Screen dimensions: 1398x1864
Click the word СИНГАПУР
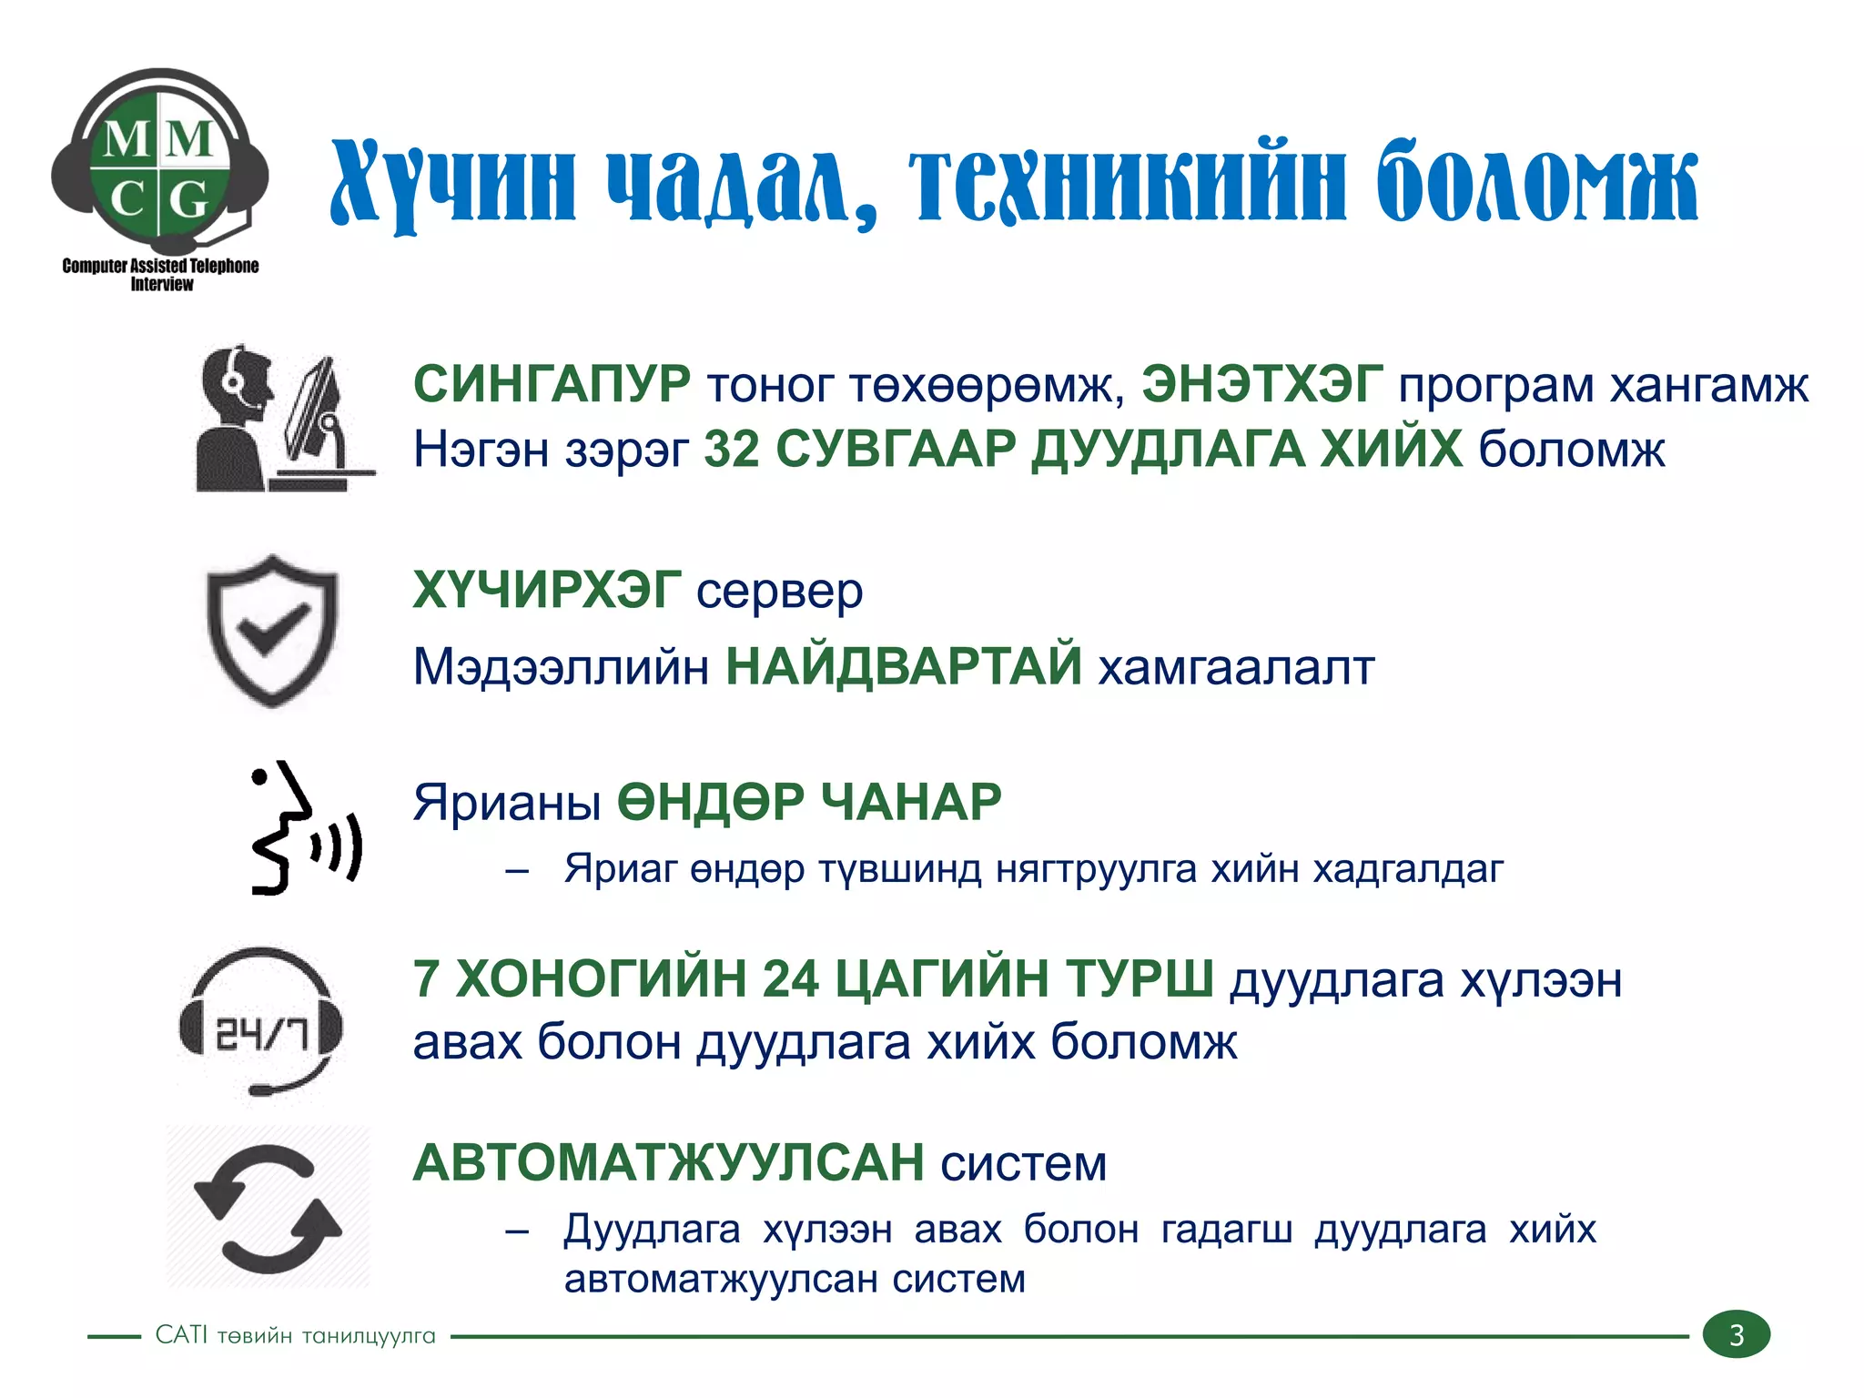point(552,384)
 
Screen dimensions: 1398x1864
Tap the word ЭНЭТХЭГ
point(1262,384)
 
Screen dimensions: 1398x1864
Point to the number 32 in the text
point(732,449)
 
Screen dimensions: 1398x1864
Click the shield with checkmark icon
point(271,630)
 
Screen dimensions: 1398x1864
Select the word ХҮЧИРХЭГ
point(546,591)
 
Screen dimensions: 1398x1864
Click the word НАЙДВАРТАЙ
point(903,666)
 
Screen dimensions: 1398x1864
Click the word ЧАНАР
point(910,802)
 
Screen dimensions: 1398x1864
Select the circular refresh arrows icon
point(268,1207)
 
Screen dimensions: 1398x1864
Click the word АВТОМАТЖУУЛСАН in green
point(669,1163)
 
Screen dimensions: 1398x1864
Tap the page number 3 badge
point(1736,1334)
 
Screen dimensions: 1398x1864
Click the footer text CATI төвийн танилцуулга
point(295,1335)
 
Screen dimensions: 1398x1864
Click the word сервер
point(779,591)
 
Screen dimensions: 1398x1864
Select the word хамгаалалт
point(1236,666)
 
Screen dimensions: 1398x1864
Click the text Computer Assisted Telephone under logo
point(160,266)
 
